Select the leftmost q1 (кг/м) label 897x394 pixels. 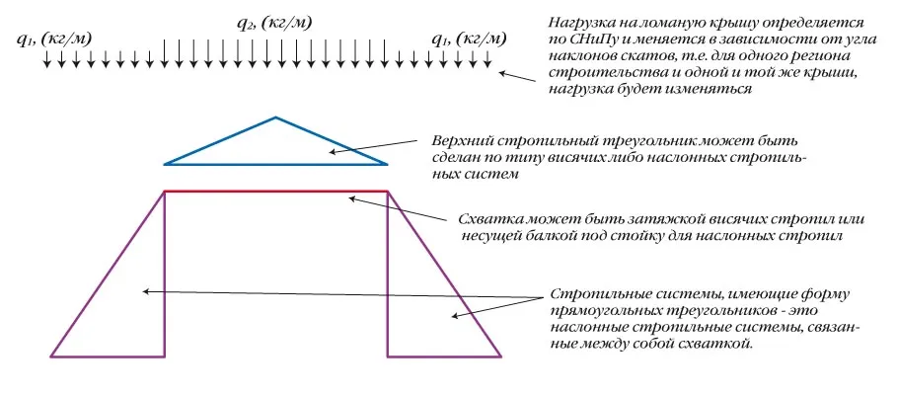(56, 40)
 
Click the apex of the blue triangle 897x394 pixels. (275, 118)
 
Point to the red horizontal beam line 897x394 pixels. (275, 191)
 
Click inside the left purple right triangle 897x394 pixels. (128, 296)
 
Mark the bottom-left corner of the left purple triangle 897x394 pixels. (51, 355)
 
